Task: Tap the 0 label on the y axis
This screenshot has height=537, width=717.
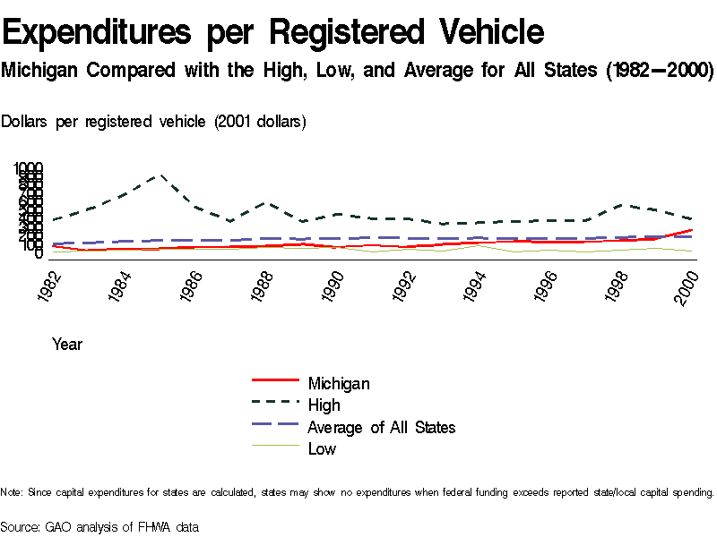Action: tap(39, 254)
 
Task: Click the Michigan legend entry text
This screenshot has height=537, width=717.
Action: tap(338, 384)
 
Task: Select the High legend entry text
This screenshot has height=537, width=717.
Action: tap(324, 405)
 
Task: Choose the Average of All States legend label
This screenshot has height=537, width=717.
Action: tap(381, 427)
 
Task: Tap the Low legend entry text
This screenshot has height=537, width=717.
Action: tap(322, 448)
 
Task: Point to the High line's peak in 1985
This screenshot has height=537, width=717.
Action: tap(160, 175)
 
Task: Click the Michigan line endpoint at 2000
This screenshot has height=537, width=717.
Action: tap(691, 230)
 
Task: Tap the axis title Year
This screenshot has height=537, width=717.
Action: tap(67, 344)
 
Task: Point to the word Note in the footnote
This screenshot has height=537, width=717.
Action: tap(11, 492)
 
